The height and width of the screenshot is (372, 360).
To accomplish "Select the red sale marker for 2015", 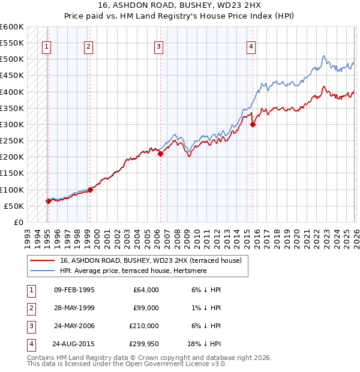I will click(253, 125).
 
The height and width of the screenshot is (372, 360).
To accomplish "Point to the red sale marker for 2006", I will click(160, 154).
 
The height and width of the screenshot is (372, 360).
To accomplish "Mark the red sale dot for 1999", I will click(90, 190).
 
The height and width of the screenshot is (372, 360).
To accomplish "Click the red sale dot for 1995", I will click(47, 202).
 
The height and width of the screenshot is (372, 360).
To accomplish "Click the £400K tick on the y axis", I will click(12, 92).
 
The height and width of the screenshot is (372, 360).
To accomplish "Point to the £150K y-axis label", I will click(12, 173).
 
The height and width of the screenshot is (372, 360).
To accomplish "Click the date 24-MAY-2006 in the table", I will click(74, 327).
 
